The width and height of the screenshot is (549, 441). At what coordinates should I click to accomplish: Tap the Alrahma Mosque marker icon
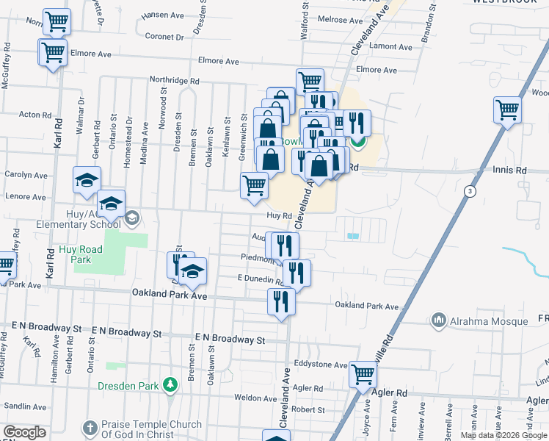click(x=439, y=320)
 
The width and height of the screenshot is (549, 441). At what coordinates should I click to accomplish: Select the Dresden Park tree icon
click(x=170, y=384)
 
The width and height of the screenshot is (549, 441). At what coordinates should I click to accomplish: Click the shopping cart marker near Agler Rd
click(x=363, y=374)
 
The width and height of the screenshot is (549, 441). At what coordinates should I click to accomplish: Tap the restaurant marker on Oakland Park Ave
click(x=281, y=301)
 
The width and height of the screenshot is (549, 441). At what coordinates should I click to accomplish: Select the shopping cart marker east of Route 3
click(x=507, y=110)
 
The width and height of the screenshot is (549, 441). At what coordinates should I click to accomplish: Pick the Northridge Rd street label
click(x=175, y=81)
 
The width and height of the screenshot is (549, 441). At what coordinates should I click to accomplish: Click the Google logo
click(x=24, y=433)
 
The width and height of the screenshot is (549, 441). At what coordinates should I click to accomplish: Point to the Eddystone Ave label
click(x=321, y=365)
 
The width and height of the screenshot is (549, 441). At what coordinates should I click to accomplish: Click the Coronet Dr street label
click(x=164, y=36)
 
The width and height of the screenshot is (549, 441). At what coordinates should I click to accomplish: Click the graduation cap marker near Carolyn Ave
click(x=87, y=179)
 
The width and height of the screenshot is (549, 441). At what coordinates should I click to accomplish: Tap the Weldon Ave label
click(x=255, y=398)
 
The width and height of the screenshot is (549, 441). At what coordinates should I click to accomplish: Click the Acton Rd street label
click(x=35, y=115)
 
